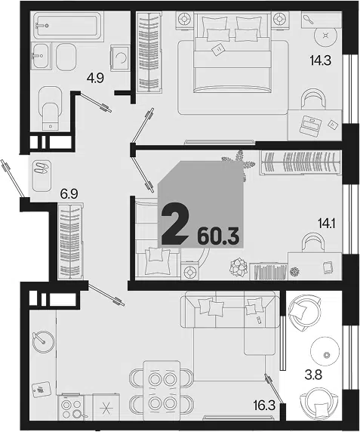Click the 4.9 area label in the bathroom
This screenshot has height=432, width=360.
95,79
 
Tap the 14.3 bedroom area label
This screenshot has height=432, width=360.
320,60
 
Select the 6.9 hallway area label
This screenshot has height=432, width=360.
69,194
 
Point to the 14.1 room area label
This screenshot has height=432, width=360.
326,224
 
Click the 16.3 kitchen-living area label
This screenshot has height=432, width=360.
264,406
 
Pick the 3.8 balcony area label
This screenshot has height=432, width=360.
313,375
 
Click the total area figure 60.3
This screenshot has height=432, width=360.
218,236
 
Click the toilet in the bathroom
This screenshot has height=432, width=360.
51,108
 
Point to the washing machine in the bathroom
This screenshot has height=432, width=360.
120,58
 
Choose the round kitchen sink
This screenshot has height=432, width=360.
44,341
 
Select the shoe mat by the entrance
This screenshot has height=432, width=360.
42,175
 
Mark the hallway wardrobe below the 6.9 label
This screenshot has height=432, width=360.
70,242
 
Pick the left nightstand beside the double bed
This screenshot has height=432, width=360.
184,20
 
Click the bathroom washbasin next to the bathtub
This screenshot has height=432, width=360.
41,56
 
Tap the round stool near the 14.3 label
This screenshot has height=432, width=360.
326,37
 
